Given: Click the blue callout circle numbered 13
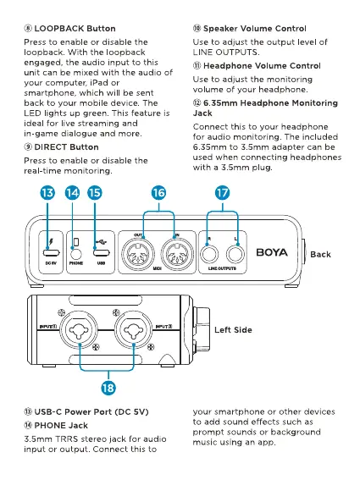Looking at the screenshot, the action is [x=47, y=193].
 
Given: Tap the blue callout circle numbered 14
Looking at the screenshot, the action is [x=72, y=193].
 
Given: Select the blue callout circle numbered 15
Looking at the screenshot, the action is [x=95, y=193].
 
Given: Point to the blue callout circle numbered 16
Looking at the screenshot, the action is [x=158, y=193].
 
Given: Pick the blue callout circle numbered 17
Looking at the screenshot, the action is [x=223, y=193].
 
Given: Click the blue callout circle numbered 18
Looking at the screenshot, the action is [x=108, y=388].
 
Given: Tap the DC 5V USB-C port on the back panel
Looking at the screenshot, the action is [x=51, y=253].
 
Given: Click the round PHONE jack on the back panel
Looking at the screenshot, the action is [x=76, y=254].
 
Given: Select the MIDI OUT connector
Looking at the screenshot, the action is [x=137, y=254].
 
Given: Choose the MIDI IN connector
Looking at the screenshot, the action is [x=177, y=254].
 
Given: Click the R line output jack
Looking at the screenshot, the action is [x=209, y=254].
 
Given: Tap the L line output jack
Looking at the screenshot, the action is [x=235, y=254].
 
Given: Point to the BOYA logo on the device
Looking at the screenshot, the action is [x=272, y=252].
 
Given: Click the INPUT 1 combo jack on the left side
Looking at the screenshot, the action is [x=79, y=330].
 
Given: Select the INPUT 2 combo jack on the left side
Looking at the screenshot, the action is [x=134, y=330].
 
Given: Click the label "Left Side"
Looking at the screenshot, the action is [x=233, y=329].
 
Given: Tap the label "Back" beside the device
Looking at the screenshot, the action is [x=320, y=254].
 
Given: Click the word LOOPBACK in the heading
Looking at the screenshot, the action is [x=59, y=29].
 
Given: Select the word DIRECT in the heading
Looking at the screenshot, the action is [x=49, y=147].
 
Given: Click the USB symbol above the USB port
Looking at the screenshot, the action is [x=101, y=242].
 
